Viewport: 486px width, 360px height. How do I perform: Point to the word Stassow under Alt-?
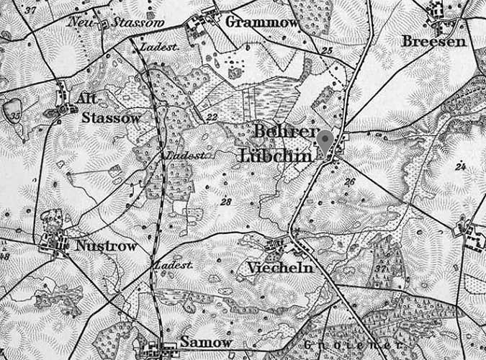(110, 117)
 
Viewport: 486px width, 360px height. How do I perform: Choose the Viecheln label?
(279, 268)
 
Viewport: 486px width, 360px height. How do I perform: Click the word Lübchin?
(276, 156)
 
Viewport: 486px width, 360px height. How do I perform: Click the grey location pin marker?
(325, 140)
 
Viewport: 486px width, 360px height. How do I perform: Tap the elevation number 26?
(351, 181)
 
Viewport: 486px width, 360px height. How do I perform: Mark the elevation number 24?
(461, 166)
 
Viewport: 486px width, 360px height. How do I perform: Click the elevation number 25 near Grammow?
(327, 50)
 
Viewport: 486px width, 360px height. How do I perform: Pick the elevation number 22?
(212, 117)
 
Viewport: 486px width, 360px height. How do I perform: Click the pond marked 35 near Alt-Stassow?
(12, 112)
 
